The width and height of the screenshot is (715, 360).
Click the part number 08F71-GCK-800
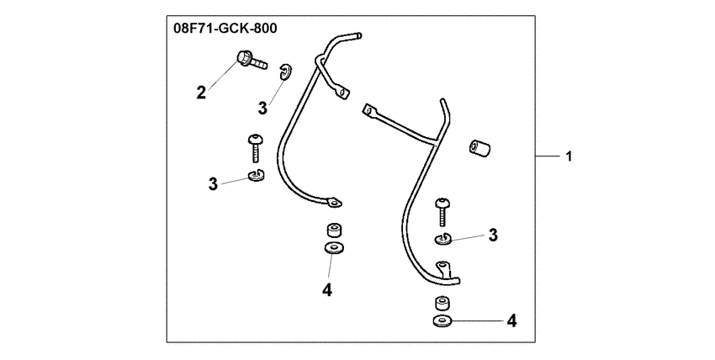click(x=225, y=29)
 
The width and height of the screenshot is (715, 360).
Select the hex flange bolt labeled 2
click(x=252, y=61)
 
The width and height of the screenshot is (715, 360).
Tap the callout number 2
click(x=201, y=93)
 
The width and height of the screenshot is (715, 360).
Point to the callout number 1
click(x=568, y=156)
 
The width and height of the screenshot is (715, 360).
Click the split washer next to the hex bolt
click(x=285, y=72)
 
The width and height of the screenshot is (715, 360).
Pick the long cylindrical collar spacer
click(x=479, y=149)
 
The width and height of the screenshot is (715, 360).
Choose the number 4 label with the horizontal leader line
click(x=511, y=320)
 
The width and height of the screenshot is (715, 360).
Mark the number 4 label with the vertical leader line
click(x=327, y=289)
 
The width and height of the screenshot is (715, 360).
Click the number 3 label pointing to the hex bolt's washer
click(x=262, y=109)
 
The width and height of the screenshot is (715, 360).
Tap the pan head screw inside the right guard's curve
click(x=442, y=212)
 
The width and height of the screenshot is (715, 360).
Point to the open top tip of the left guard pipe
click(x=359, y=35)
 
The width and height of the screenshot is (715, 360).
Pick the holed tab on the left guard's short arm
click(x=342, y=93)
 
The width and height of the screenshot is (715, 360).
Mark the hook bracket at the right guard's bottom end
click(x=443, y=268)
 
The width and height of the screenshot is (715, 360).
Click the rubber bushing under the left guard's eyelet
click(x=334, y=230)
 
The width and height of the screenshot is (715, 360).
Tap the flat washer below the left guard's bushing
click(x=334, y=248)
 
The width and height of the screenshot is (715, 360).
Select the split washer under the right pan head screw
click(x=442, y=238)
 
